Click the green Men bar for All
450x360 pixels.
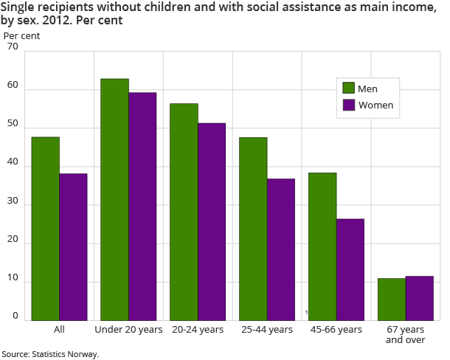pyautogui.click(x=46, y=229)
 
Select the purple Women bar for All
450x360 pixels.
pyautogui.click(x=73, y=247)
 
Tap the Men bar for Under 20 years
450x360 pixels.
pyautogui.click(x=114, y=199)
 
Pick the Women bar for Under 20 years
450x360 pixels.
pyautogui.click(x=142, y=207)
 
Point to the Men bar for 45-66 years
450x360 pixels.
pyautogui.click(x=322, y=246)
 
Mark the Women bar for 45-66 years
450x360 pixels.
pyautogui.click(x=350, y=269)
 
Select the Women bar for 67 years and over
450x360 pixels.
pyautogui.click(x=419, y=298)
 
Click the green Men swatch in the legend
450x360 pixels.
pyautogui.click(x=349, y=89)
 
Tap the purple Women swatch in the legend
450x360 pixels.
pyautogui.click(x=349, y=105)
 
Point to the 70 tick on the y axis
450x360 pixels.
pyautogui.click(x=13, y=46)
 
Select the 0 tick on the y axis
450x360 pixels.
pyautogui.click(x=15, y=316)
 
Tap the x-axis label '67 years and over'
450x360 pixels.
pyautogui.click(x=405, y=334)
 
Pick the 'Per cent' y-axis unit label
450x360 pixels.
pyautogui.click(x=21, y=35)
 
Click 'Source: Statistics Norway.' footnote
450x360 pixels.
pyautogui.click(x=50, y=354)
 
